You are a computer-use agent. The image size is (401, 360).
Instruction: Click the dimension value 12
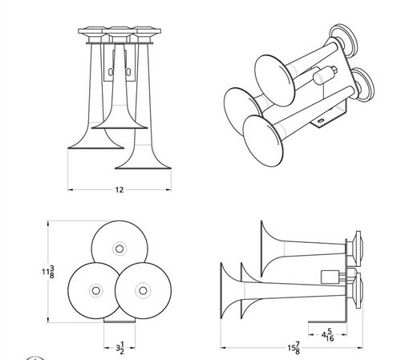click(x=119, y=190)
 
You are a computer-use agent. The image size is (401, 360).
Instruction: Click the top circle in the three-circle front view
click(x=118, y=245)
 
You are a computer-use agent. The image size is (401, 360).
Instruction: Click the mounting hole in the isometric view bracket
click(x=324, y=123)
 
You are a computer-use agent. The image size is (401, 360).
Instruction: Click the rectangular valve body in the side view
click(x=329, y=277)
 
